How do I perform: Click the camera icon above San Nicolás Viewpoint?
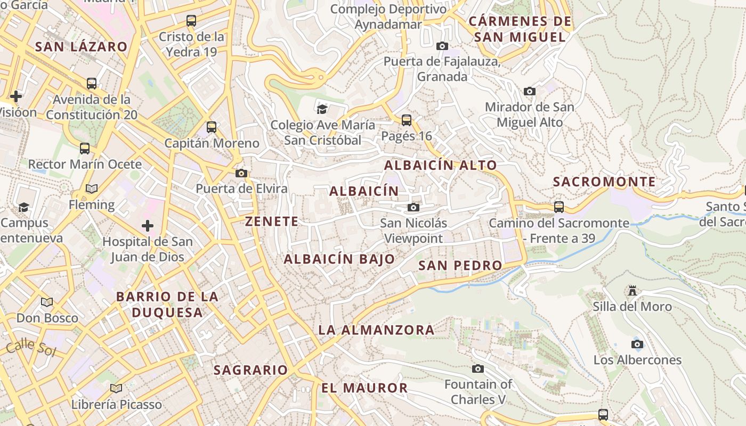tap(413, 207)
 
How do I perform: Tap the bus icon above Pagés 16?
tap(407, 120)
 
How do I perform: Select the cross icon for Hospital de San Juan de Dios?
tap(148, 226)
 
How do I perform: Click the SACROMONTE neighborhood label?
tap(604, 182)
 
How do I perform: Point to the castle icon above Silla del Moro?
tap(633, 291)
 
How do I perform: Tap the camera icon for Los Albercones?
tap(637, 344)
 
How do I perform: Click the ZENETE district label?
tap(272, 222)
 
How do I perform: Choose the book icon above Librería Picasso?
tap(116, 388)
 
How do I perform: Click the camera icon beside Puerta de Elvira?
tap(241, 173)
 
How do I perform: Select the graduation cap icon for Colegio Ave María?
tap(322, 109)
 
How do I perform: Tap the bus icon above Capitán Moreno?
tap(212, 127)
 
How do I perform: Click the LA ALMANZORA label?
tap(376, 330)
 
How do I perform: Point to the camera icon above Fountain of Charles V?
tap(478, 368)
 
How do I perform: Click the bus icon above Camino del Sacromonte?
tap(559, 207)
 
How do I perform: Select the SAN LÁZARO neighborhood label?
tap(82, 47)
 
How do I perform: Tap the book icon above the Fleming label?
tap(92, 189)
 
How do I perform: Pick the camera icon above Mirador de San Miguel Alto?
tap(529, 91)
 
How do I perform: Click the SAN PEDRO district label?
tap(460, 265)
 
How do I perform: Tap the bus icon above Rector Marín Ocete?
tap(85, 148)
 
